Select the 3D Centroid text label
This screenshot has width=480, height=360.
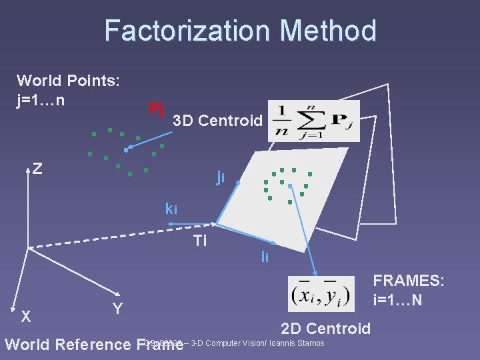217,121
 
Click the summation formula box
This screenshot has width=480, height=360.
313,121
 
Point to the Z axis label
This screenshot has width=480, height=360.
38,168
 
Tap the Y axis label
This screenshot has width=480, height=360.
117,308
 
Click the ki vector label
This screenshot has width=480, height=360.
171,209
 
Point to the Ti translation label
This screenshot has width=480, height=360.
199,240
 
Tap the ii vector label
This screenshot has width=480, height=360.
265,257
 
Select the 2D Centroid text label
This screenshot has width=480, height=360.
325,328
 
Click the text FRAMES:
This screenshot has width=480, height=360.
408,281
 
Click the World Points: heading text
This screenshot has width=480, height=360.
68,81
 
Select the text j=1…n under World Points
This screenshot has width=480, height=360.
41,101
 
